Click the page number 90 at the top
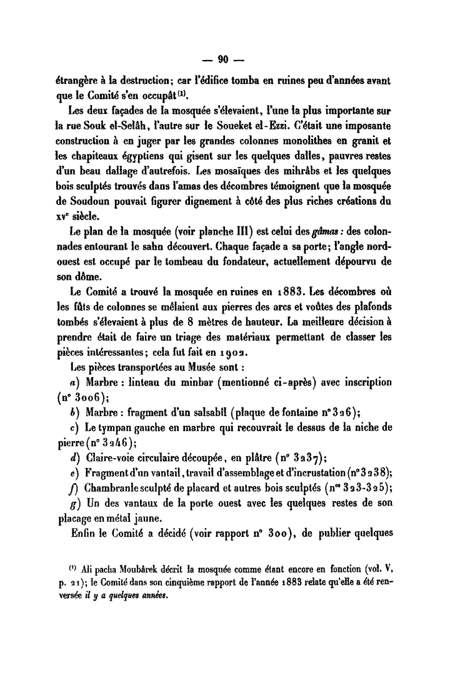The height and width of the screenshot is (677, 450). point(224,61)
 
